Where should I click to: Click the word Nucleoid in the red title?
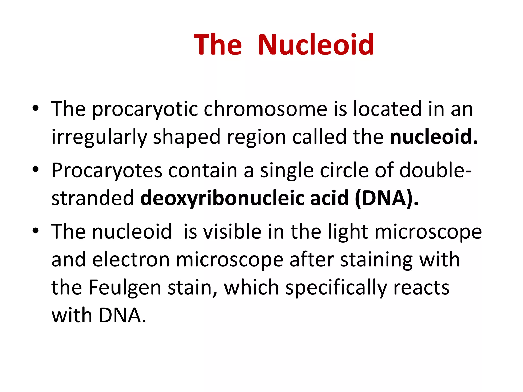(316, 45)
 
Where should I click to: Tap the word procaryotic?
(145, 109)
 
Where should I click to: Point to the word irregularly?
(99, 137)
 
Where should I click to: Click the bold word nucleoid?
(433, 137)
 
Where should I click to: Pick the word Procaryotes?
(107, 170)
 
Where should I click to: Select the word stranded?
(92, 198)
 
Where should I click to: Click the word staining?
(377, 260)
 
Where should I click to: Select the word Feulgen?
(125, 288)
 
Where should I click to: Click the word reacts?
(421, 288)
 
